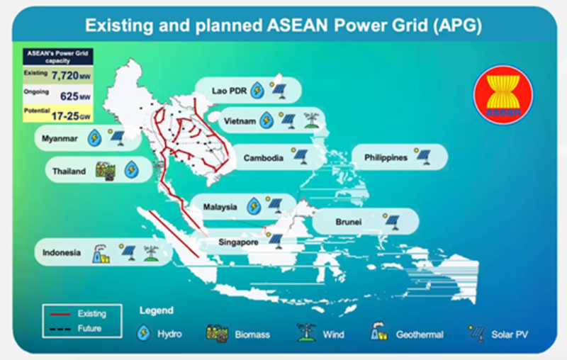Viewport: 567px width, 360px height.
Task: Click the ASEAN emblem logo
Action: point(503,94)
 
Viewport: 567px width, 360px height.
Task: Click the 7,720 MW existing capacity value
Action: point(71,76)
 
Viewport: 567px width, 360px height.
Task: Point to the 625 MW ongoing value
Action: point(75,96)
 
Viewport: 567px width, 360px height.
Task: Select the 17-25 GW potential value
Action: point(71,116)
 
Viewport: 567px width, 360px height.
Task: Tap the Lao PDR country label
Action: point(229,91)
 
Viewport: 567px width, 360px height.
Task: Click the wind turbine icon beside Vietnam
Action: point(311,120)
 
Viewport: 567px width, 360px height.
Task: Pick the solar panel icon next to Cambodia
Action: point(300,156)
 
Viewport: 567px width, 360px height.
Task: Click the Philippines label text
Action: point(386,157)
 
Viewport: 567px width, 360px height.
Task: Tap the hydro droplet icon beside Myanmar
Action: point(94,137)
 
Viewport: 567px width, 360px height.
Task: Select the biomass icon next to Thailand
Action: point(106,171)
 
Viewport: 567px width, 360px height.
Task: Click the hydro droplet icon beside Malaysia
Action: point(254,206)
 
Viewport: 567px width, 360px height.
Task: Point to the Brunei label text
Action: point(348,222)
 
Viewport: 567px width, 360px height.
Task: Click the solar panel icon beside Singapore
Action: point(276,240)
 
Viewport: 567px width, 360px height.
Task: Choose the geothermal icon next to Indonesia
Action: point(101,254)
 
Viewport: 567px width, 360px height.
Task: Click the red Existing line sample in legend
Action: point(60,314)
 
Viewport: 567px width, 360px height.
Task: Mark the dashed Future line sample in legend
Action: point(60,329)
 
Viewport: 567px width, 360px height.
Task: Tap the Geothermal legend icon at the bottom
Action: point(378,332)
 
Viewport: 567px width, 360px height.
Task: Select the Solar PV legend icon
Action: point(476,333)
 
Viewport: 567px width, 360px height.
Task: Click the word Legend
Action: point(157,310)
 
